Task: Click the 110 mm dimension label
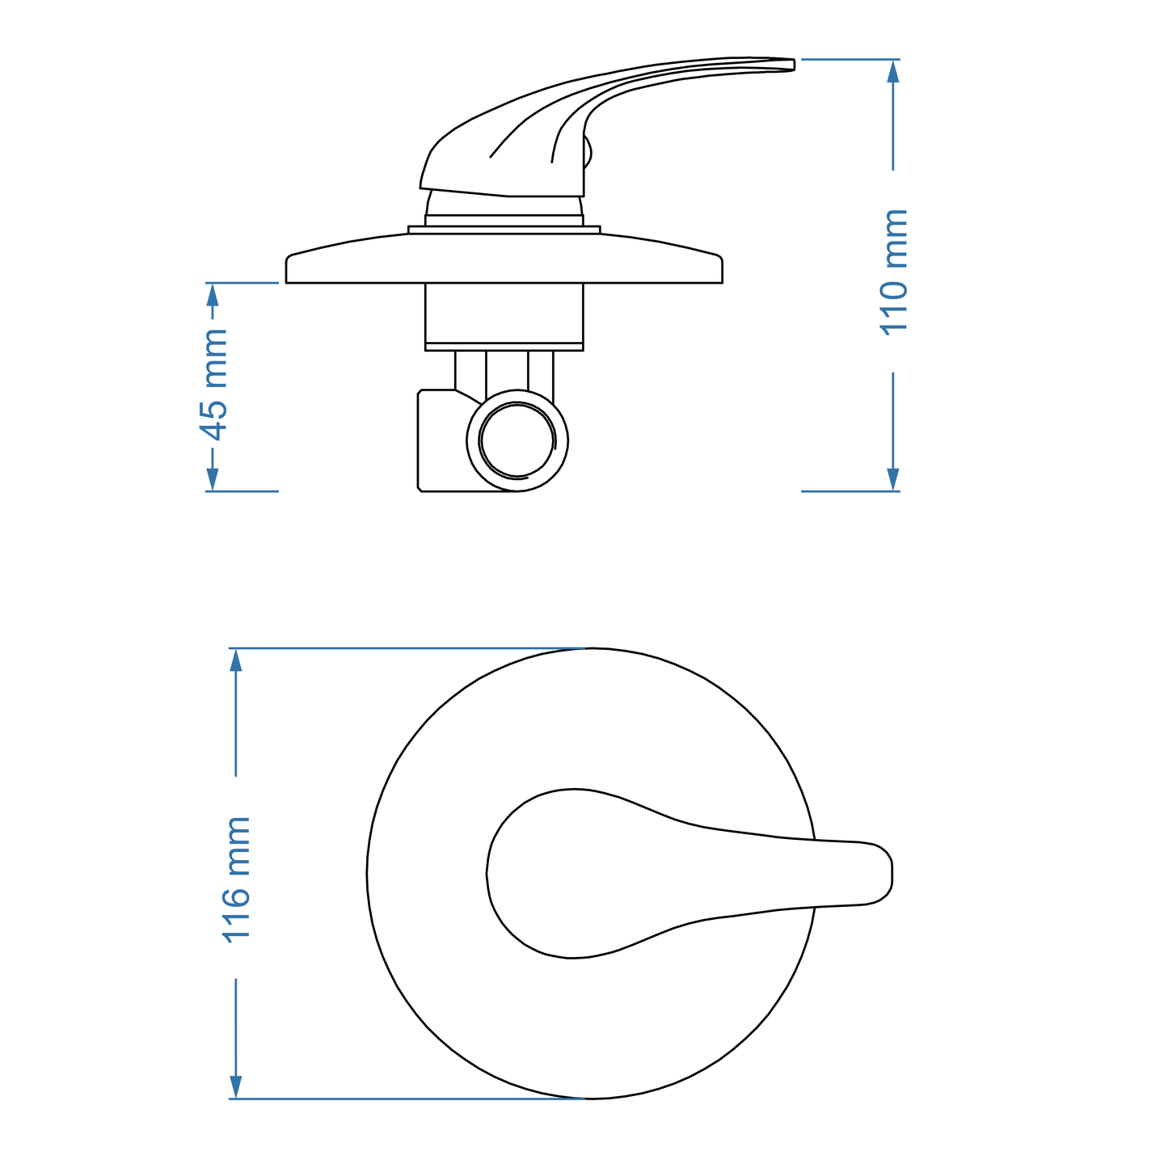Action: pos(895,272)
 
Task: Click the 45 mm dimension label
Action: pos(213,385)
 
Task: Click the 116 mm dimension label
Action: pos(237,878)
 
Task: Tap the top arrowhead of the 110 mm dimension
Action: pos(893,71)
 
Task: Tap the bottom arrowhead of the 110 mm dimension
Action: pos(893,479)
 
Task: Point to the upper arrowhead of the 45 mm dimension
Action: pos(213,294)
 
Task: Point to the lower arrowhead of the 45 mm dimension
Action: pos(213,479)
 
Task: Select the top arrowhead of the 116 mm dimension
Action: pos(236,660)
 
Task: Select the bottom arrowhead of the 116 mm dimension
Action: pos(236,1086)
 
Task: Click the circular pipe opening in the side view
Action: pos(517,441)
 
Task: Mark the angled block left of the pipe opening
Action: pos(441,441)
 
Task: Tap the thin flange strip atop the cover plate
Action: pos(504,230)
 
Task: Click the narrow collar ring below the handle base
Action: pos(504,220)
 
